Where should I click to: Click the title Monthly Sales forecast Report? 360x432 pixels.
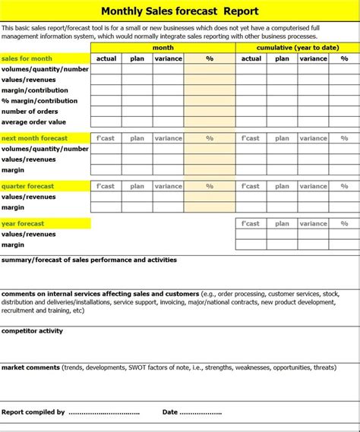coord(180,11)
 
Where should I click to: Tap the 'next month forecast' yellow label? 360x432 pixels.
coord(34,138)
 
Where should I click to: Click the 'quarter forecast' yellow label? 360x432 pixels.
coord(28,186)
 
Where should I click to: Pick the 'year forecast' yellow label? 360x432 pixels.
coord(23,223)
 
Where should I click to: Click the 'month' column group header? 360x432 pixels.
coord(163,47)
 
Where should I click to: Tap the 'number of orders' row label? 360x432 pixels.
coord(30,112)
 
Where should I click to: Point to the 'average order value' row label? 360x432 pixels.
coord(34,122)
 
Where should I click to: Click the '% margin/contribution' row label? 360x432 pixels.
coord(39,101)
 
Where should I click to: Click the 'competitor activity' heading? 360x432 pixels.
coord(33,331)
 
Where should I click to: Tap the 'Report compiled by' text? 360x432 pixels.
coord(33,412)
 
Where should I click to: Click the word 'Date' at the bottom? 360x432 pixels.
coord(170,412)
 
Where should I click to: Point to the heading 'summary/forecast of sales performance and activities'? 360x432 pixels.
coord(89,260)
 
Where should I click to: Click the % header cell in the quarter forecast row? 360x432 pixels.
coord(210,186)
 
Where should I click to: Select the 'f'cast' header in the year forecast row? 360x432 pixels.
coord(250,223)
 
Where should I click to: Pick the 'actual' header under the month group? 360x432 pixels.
coord(106,58)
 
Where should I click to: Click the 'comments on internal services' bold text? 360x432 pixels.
coord(53,293)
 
